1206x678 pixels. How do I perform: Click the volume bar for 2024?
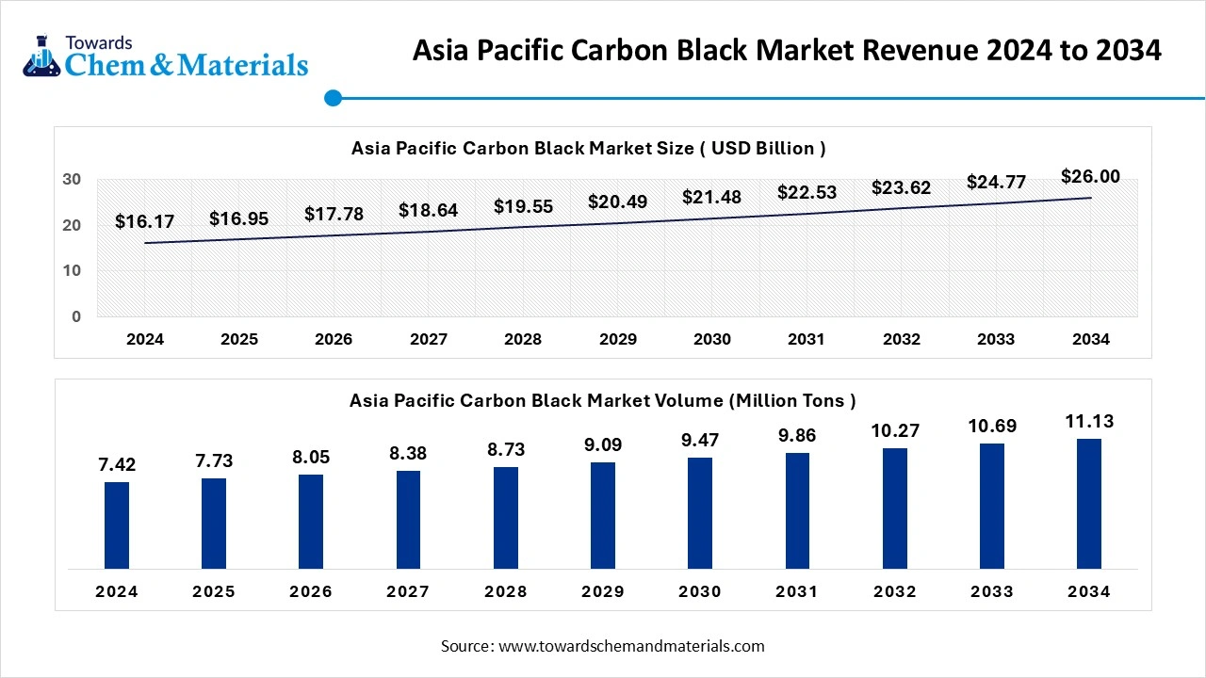pyautogui.click(x=117, y=525)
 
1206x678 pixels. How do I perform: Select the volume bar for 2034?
pyautogui.click(x=1089, y=504)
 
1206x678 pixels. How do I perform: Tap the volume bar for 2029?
pyautogui.click(x=603, y=515)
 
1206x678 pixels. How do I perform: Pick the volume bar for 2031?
pyautogui.click(x=797, y=510)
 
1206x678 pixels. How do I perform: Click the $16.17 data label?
pyautogui.click(x=144, y=222)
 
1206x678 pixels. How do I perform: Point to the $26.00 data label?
pyautogui.click(x=1090, y=177)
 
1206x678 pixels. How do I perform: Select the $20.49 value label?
pyautogui.click(x=617, y=202)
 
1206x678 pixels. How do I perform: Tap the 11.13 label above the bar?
pyautogui.click(x=1089, y=422)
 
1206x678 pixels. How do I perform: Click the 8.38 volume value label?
pyautogui.click(x=408, y=454)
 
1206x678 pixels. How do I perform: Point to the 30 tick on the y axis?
pyautogui.click(x=72, y=180)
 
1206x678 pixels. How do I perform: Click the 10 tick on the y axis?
pyautogui.click(x=72, y=271)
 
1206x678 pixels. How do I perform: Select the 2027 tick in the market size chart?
pyautogui.click(x=428, y=340)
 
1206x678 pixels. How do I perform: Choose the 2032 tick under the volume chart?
pyautogui.click(x=894, y=592)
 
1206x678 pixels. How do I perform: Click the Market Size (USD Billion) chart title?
pyautogui.click(x=588, y=148)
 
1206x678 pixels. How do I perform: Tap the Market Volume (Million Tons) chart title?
pyautogui.click(x=602, y=400)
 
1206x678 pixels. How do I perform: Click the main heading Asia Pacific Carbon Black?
pyautogui.click(x=787, y=51)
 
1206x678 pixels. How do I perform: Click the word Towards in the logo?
pyautogui.click(x=98, y=42)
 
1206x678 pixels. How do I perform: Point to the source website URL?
pyautogui.click(x=631, y=646)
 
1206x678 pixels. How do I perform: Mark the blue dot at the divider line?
pyautogui.click(x=333, y=98)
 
